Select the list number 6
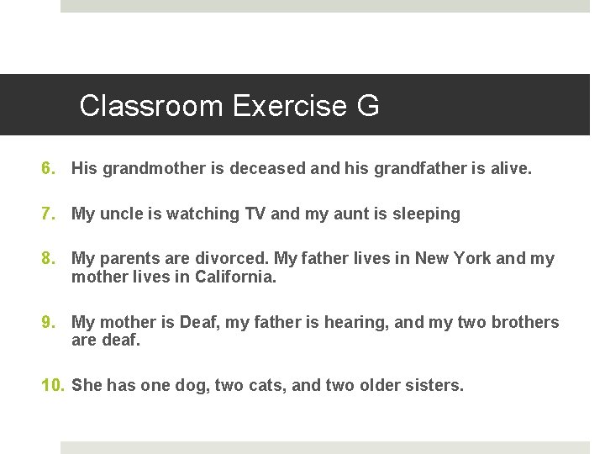pyautogui.click(x=49, y=168)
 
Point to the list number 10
pyautogui.click(x=53, y=385)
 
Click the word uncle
pyautogui.click(x=123, y=214)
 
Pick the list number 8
pyautogui.click(x=49, y=258)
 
